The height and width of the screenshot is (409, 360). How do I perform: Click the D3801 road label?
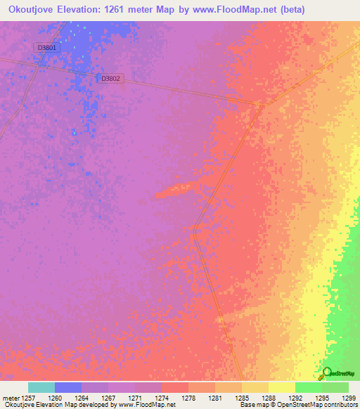[46, 47]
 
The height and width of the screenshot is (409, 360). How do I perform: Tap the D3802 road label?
[111, 79]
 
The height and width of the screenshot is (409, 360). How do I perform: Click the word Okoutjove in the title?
[36, 9]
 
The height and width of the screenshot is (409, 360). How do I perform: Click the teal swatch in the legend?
[41, 387]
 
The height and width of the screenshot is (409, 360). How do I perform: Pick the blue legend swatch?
[68, 387]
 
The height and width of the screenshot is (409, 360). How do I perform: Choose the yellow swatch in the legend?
[282, 387]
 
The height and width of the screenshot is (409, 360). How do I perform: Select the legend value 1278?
[189, 398]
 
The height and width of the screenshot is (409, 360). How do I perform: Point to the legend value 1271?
[136, 398]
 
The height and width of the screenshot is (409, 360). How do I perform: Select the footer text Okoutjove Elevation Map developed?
[49, 405]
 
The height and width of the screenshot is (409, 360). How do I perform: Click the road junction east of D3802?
[262, 105]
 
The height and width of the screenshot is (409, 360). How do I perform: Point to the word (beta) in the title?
[337, 9]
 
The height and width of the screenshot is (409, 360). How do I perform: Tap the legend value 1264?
[82, 398]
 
